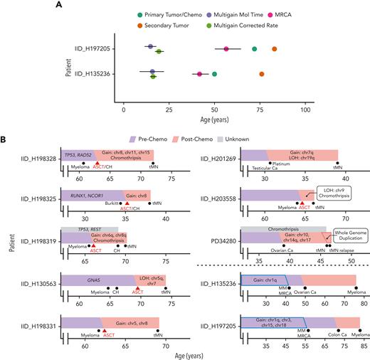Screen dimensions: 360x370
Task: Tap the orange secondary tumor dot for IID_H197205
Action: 274,49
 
